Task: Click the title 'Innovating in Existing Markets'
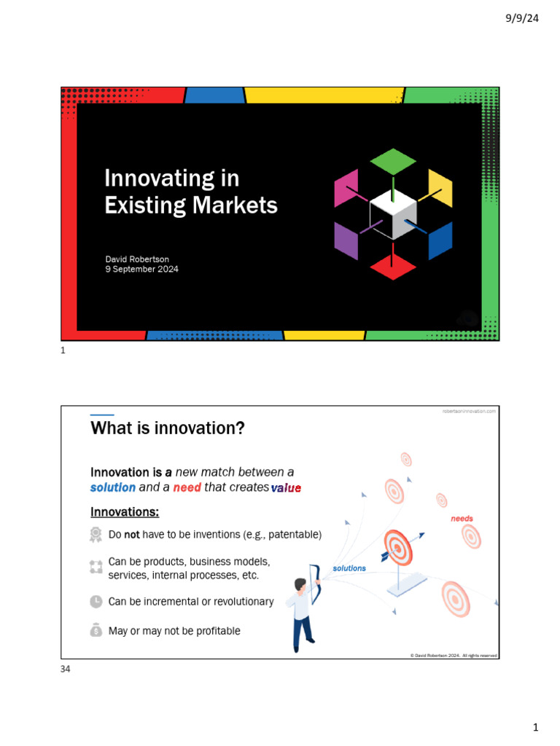(190, 192)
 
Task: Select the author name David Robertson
(137, 259)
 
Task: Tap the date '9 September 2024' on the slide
(141, 270)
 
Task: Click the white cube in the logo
(393, 216)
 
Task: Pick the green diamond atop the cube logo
(393, 160)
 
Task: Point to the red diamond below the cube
(393, 267)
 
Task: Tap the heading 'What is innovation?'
(167, 428)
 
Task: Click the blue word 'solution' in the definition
(113, 487)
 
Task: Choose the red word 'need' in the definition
(187, 487)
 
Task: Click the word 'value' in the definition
(286, 488)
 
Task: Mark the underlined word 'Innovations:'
(125, 511)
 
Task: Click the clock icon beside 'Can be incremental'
(96, 602)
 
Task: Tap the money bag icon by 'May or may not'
(96, 631)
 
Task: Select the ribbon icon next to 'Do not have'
(96, 535)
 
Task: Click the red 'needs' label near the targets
(462, 519)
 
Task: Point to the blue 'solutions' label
(349, 568)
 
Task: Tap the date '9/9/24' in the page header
(522, 18)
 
